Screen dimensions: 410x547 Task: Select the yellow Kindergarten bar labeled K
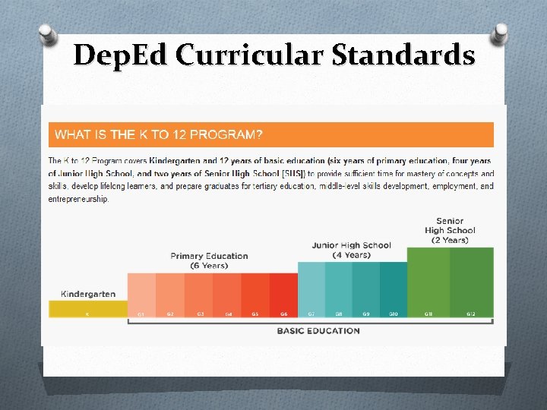[87, 309]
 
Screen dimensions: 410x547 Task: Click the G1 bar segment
[141, 296]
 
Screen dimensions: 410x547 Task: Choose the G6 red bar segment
[283, 296]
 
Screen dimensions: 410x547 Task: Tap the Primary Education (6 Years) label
[209, 260]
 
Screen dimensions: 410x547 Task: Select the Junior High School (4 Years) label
[351, 250]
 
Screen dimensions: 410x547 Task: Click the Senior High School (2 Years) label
[450, 230]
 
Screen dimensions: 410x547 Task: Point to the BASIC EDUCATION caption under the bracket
[318, 331]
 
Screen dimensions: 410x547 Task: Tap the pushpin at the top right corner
[500, 34]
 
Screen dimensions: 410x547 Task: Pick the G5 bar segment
[255, 296]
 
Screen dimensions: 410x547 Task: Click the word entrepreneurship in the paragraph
[78, 199]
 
